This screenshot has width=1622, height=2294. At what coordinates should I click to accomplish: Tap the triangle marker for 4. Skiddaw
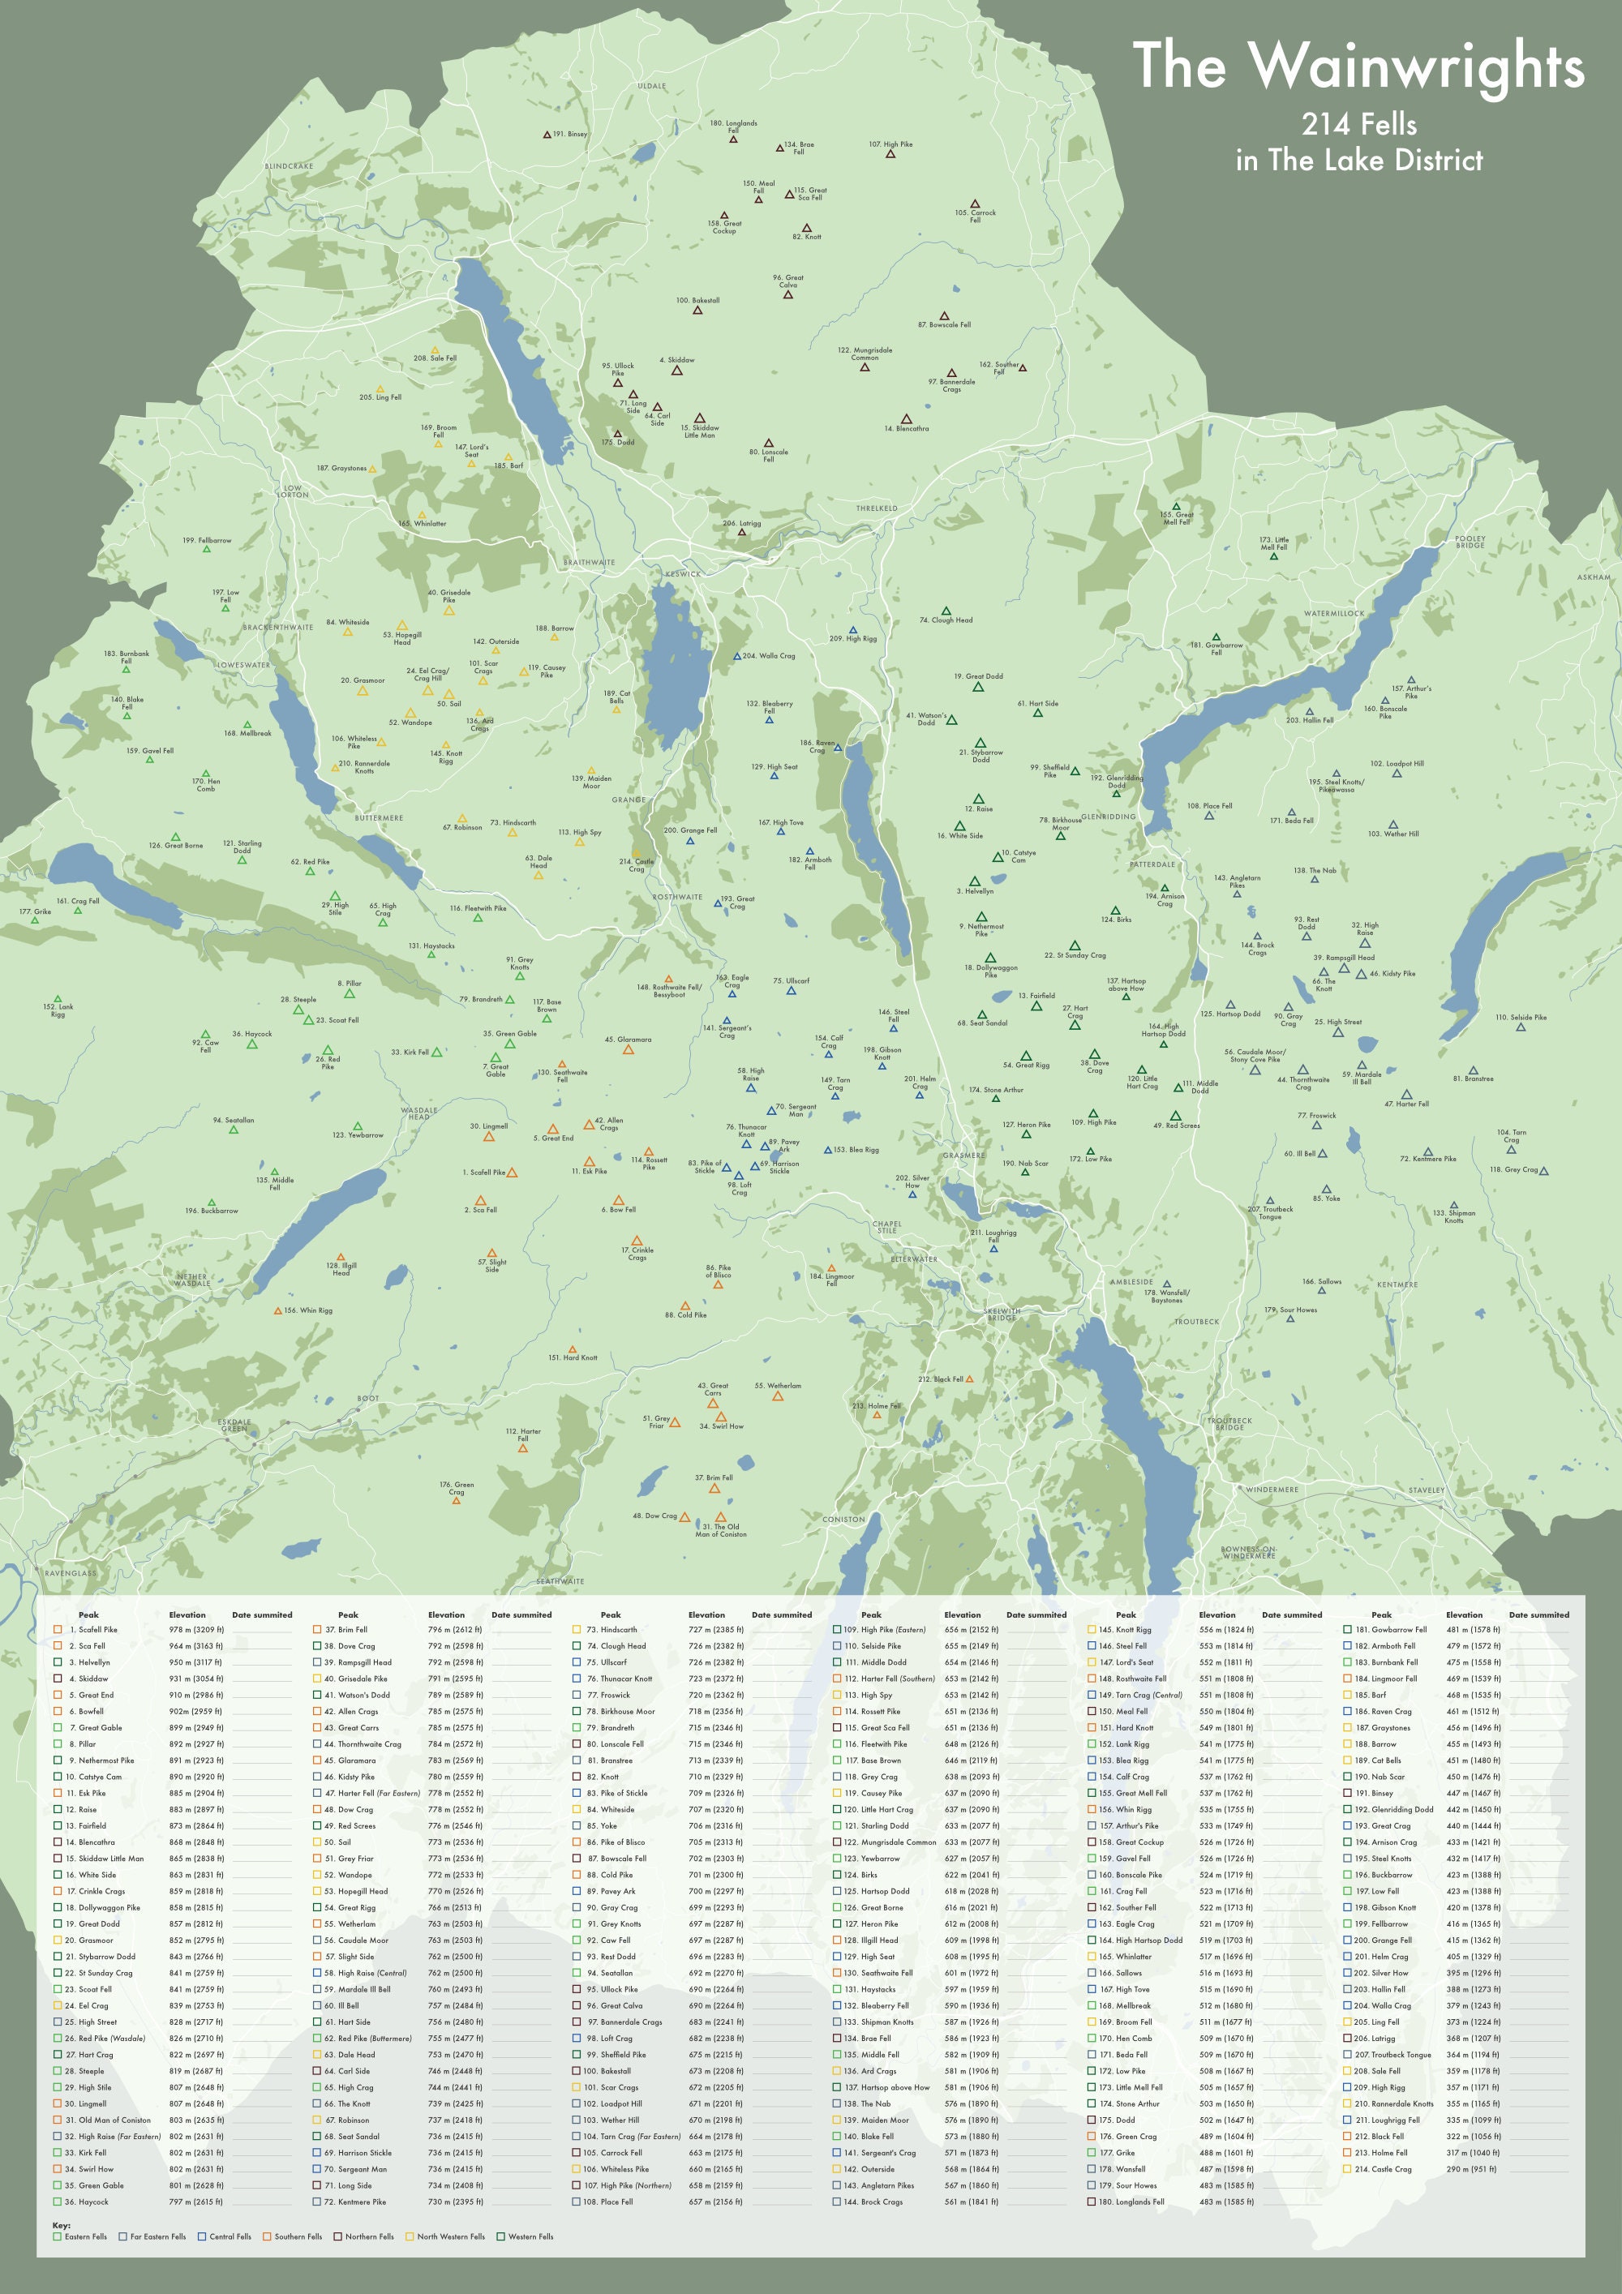pos(676,371)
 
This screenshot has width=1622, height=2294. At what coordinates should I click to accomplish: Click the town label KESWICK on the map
pos(683,573)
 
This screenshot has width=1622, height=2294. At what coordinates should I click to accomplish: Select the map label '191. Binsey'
pos(569,134)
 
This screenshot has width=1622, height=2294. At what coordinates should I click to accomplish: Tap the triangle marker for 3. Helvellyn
pos(974,881)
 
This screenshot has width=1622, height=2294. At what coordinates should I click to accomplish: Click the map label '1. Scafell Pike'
pos(483,1172)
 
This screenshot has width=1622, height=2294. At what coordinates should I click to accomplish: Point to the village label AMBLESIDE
pos(1131,1282)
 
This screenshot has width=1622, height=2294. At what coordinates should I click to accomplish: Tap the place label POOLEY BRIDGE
pos(1470,542)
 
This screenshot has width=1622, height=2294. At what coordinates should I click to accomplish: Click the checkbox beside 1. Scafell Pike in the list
pos(58,1630)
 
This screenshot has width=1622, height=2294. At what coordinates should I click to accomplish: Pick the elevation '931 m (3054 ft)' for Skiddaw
pos(196,1679)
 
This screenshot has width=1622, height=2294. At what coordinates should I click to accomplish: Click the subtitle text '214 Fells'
pos(1358,125)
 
